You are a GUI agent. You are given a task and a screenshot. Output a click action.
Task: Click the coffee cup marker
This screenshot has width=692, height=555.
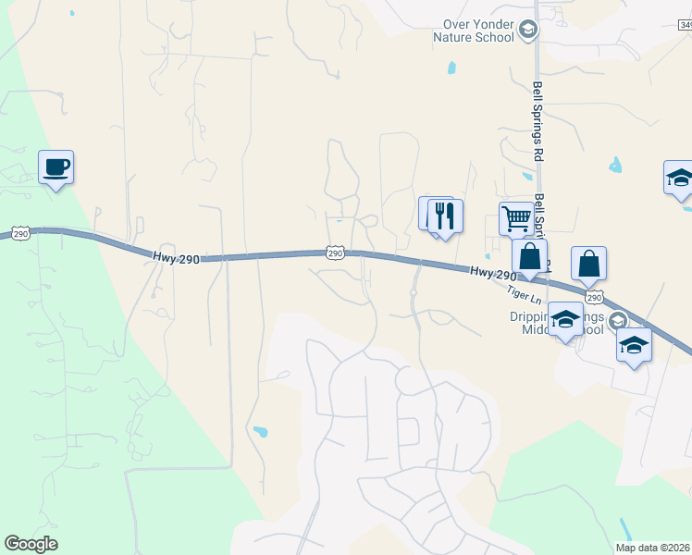[56, 167]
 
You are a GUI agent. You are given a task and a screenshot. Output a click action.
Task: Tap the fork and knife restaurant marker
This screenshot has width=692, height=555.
[445, 216]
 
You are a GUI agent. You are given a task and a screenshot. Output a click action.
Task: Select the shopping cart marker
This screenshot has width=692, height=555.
[516, 219]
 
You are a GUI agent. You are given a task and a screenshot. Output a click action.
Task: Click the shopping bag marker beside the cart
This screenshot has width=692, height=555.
[530, 256]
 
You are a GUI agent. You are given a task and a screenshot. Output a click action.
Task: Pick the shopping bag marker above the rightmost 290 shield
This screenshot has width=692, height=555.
[588, 264]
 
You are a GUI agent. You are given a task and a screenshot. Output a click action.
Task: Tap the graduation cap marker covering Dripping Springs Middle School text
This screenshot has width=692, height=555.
[564, 319]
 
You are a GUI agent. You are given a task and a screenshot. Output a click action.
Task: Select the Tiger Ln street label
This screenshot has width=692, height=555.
[523, 293]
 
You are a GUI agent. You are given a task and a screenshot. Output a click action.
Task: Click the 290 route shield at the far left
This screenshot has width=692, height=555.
[20, 234]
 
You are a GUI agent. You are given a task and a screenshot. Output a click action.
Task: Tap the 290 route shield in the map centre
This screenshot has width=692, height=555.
[335, 252]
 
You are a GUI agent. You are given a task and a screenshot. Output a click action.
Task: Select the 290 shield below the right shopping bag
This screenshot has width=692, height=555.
[594, 296]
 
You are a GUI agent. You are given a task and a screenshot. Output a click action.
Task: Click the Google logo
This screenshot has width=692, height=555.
[31, 544]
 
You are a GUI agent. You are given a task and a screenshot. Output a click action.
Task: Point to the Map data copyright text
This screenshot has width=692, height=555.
[652, 548]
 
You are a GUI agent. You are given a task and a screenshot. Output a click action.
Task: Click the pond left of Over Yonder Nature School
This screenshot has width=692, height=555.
[451, 67]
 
